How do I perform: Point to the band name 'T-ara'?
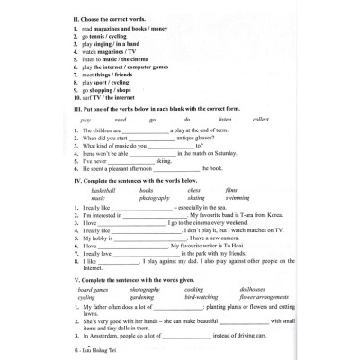pyautogui.click(x=247, y=219)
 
